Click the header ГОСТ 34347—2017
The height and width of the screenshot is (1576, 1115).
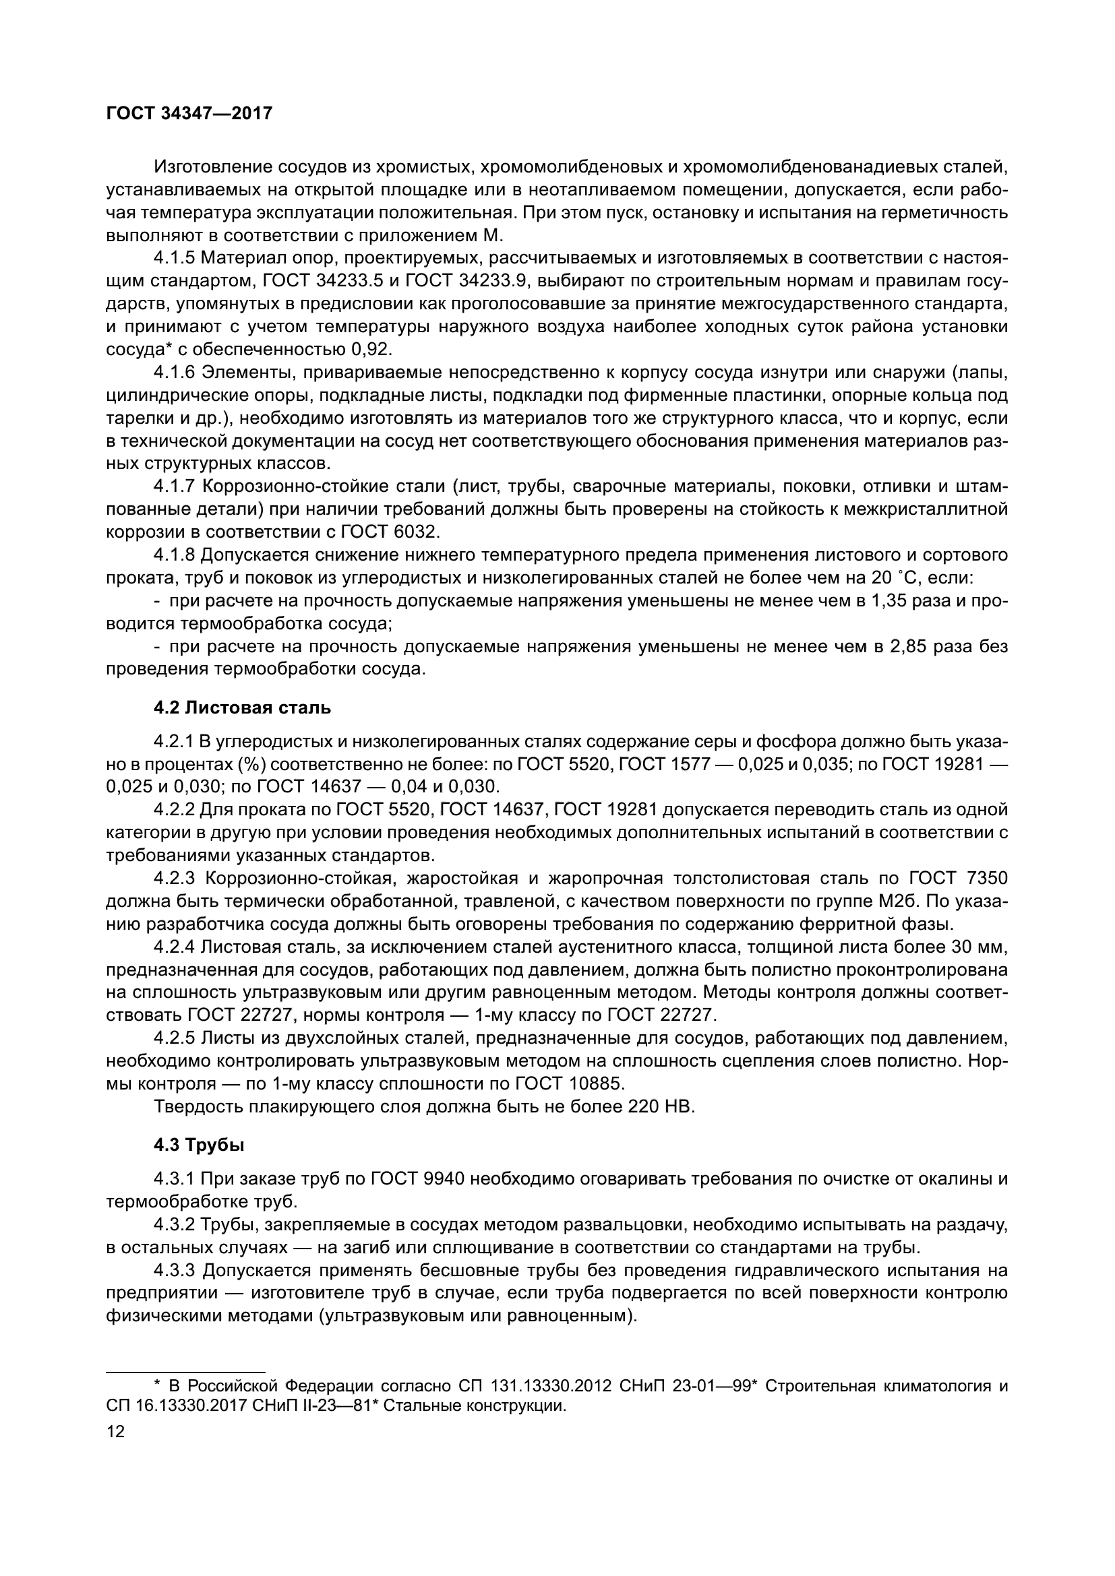(189, 113)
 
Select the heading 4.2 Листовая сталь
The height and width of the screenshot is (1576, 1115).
(242, 707)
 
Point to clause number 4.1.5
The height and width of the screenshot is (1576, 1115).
(175, 258)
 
